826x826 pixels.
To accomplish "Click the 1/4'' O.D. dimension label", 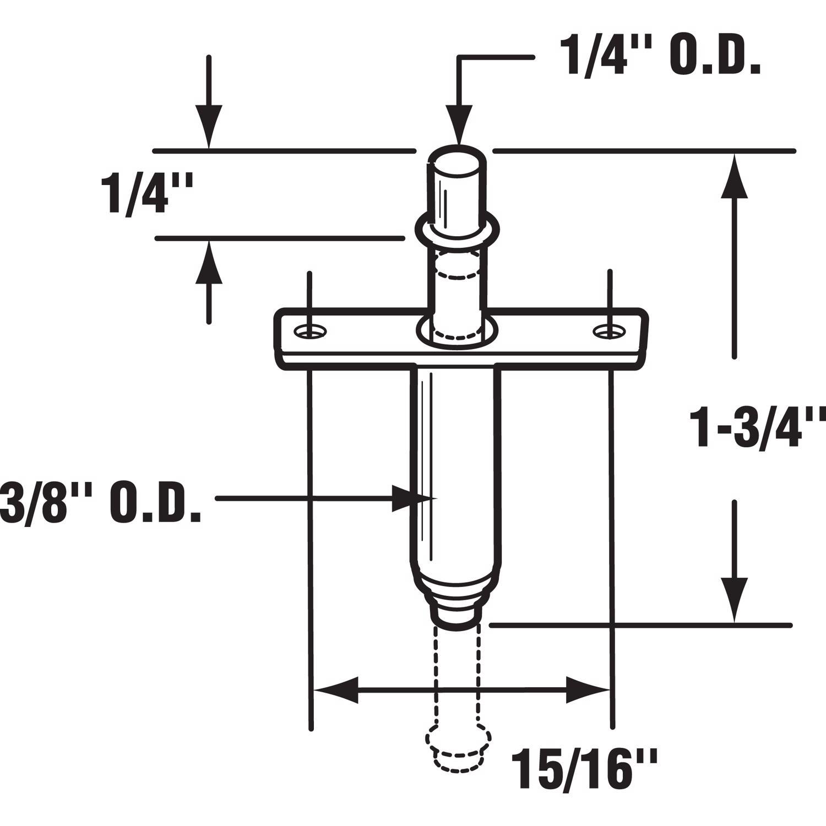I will click(x=660, y=57).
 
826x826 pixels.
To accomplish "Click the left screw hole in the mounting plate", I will click(x=310, y=331).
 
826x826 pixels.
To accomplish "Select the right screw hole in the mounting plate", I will click(x=609, y=331).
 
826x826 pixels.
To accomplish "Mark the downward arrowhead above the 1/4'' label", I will click(x=209, y=127).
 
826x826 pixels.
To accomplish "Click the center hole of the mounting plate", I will click(x=457, y=332).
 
